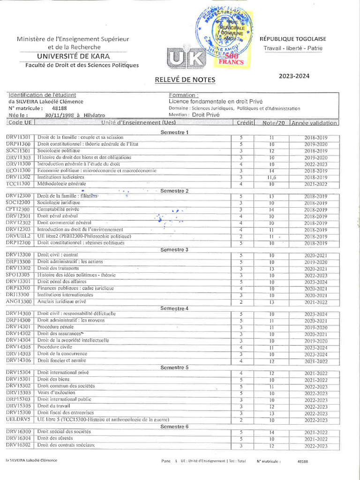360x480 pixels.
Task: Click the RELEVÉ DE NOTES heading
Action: pyautogui.click(x=185, y=80)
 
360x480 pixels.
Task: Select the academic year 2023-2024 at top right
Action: pyautogui.click(x=294, y=75)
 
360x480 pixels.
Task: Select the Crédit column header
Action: pyautogui.click(x=245, y=123)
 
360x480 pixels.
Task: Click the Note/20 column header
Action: pyautogui.click(x=273, y=123)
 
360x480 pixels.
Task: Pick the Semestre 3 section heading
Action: pyautogui.click(x=174, y=249)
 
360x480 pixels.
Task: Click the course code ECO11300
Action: pyautogui.click(x=19, y=171)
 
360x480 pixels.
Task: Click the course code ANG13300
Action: pyautogui.click(x=19, y=301)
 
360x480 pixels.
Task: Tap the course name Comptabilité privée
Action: pyautogui.click(x=59, y=209)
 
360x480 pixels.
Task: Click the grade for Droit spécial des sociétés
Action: pyautogui.click(x=271, y=432)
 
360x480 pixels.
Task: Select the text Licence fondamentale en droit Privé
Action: pyautogui.click(x=216, y=101)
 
